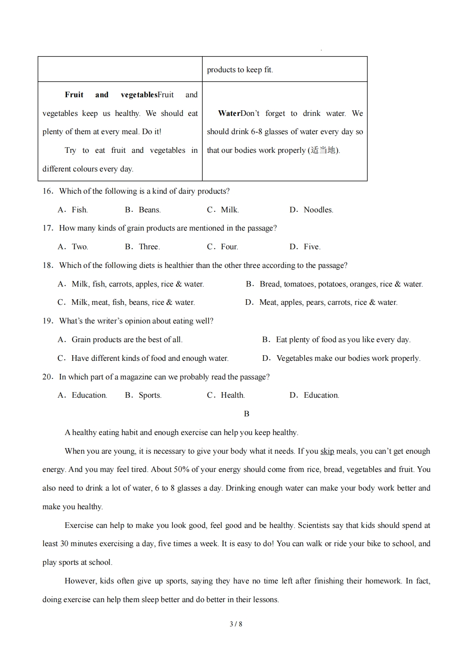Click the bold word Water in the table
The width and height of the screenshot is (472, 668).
coord(229,114)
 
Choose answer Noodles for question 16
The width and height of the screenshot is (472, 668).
coord(318,210)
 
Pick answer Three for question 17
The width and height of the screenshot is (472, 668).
coord(149,247)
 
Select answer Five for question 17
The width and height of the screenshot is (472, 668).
coord(312,247)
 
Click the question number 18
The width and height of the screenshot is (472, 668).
coord(48,266)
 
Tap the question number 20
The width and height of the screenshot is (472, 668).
coord(48,377)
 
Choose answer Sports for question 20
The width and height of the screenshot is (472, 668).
coord(150,395)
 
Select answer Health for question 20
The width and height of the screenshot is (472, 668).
coord(232,395)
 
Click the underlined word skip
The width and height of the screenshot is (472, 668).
coord(327,451)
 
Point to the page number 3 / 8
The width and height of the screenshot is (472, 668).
coord(236,624)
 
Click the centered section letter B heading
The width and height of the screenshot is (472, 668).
coord(246,414)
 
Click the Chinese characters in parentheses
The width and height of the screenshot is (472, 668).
coord(323,150)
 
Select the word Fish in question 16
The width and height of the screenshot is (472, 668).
coord(79,210)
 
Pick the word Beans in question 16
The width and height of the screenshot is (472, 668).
coord(150,210)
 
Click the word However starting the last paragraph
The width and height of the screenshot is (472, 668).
coord(81,581)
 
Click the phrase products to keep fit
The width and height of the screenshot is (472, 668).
coord(240,70)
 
